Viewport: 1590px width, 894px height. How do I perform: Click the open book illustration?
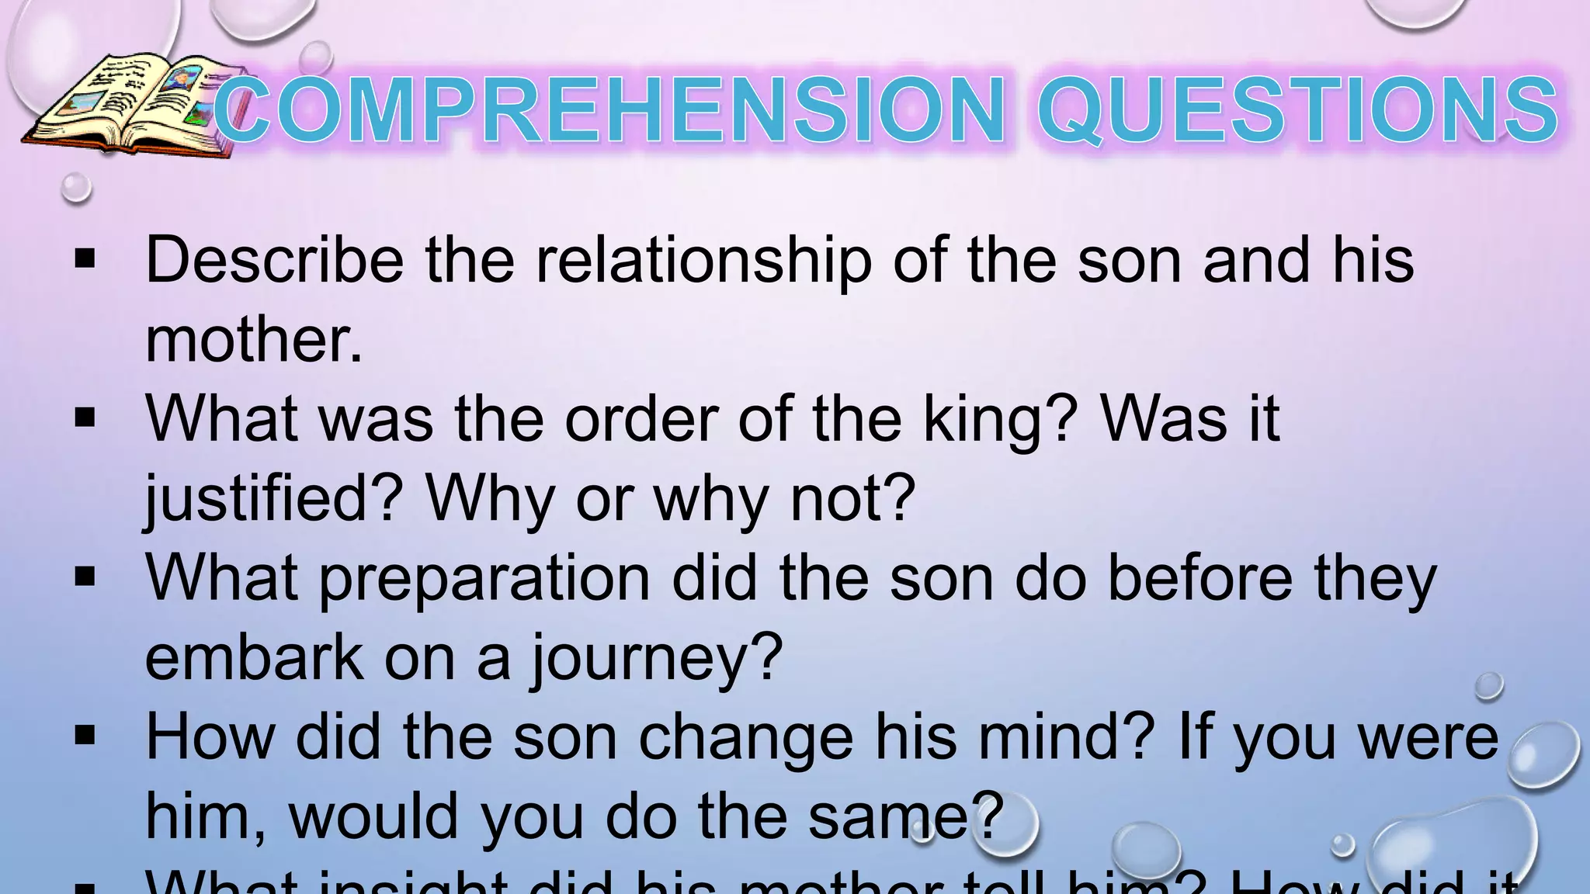pos(128,105)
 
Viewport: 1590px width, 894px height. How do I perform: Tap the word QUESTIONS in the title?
pos(1297,111)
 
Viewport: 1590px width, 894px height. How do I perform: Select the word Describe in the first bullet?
pos(274,260)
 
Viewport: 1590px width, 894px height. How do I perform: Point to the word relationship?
pos(703,262)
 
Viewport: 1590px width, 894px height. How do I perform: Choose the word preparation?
pos(484,580)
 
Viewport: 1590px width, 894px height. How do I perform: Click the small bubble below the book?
pos(76,188)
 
